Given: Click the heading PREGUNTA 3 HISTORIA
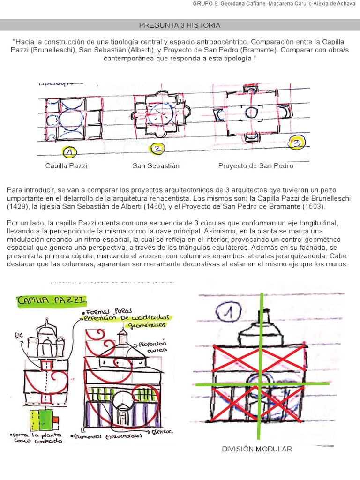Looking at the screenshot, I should point(180,25).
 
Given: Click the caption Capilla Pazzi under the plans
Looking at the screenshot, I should point(66,166).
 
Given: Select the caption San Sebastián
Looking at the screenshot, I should point(156,166).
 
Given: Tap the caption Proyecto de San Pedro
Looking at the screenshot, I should point(255,166).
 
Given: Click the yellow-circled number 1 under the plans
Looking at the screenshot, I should point(69,152).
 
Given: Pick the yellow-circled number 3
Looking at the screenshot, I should point(296,143).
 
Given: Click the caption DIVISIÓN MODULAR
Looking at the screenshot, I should point(257,449).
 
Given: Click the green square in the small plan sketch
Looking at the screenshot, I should point(46,418).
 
